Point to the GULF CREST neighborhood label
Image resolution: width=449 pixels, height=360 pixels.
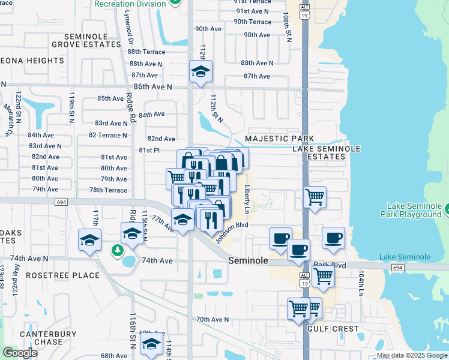tap(333, 329)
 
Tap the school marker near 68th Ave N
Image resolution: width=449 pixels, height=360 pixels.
tap(151, 344)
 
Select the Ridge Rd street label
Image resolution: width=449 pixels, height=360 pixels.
tap(130, 107)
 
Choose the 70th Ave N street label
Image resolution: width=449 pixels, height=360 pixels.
tap(212, 320)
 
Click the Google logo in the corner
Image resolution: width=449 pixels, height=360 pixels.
tap(20, 353)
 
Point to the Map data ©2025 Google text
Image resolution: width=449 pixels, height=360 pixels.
tap(411, 355)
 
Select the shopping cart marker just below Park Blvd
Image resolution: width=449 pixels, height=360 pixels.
tap(323, 277)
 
